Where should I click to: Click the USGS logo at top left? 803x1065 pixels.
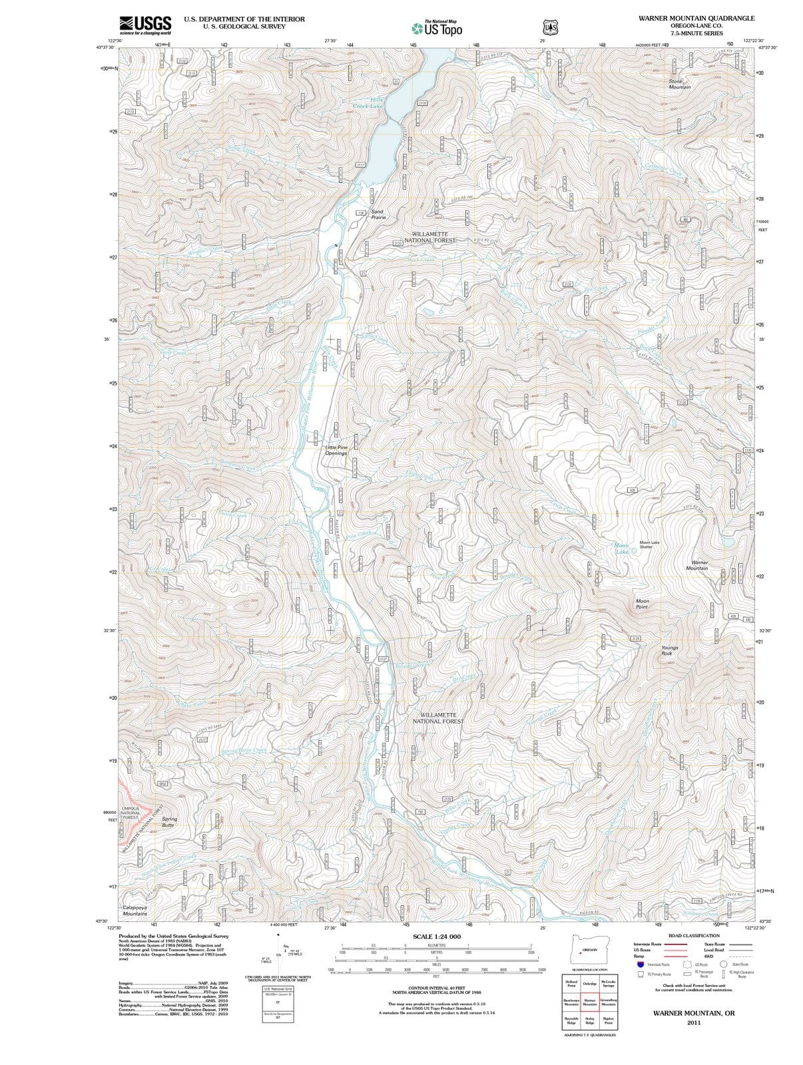145,25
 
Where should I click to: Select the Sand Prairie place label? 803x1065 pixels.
378,214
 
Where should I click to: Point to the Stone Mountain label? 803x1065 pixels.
679,84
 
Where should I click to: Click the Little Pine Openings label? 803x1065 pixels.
336,451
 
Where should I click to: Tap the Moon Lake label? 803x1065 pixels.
622,548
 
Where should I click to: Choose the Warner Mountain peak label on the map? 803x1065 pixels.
696,565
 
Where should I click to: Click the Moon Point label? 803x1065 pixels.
642,604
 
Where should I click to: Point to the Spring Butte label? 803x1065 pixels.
169,822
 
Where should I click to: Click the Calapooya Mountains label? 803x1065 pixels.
135,911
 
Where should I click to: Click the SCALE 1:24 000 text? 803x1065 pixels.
436,937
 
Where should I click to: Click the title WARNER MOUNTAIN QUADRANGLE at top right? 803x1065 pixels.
695,18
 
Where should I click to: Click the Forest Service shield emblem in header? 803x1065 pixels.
549,27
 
